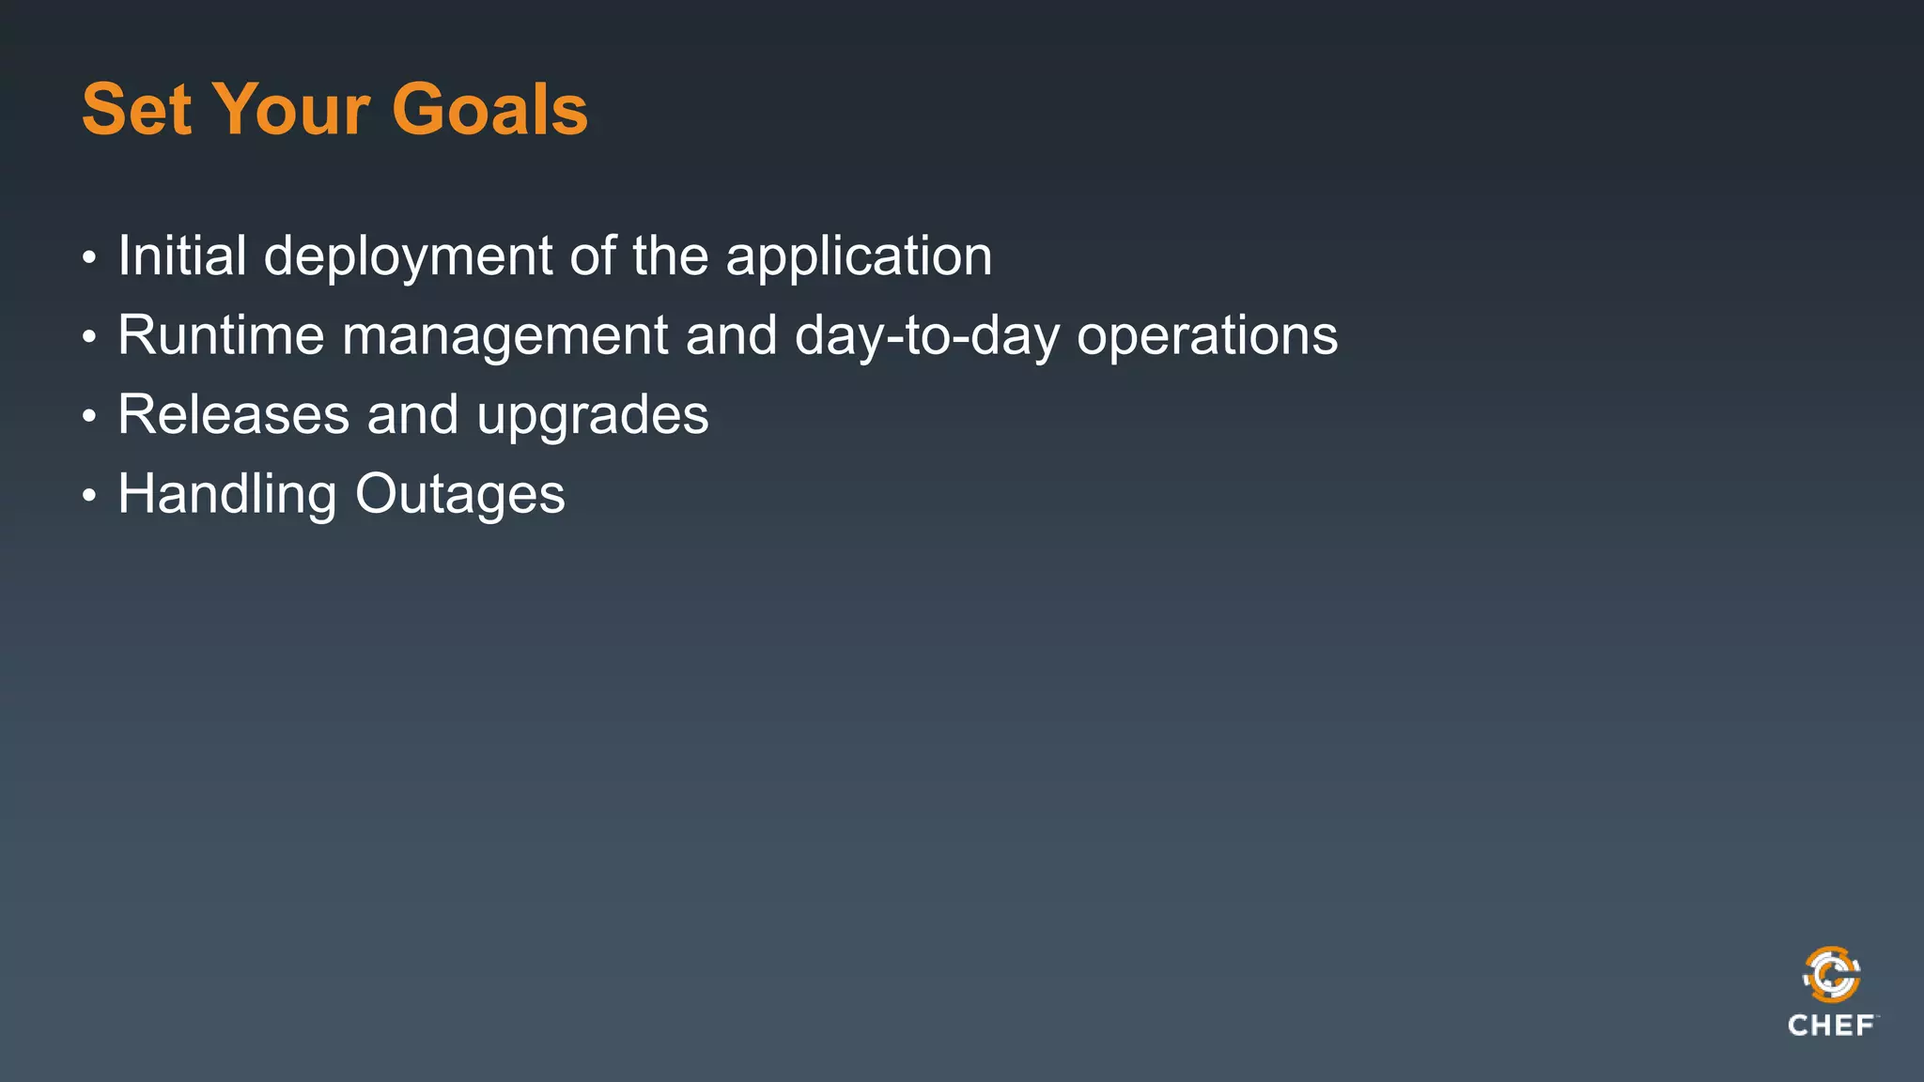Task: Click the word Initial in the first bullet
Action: tap(181, 255)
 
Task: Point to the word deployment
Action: tap(408, 257)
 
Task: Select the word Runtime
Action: tap(221, 335)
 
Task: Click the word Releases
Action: tap(233, 415)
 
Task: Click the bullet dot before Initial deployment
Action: tap(89, 257)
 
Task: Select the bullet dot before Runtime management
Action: tap(89, 337)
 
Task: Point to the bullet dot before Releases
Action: tap(89, 416)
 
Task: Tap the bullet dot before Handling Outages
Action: tap(89, 496)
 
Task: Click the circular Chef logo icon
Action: tap(1831, 975)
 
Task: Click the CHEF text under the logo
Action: tap(1831, 1026)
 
